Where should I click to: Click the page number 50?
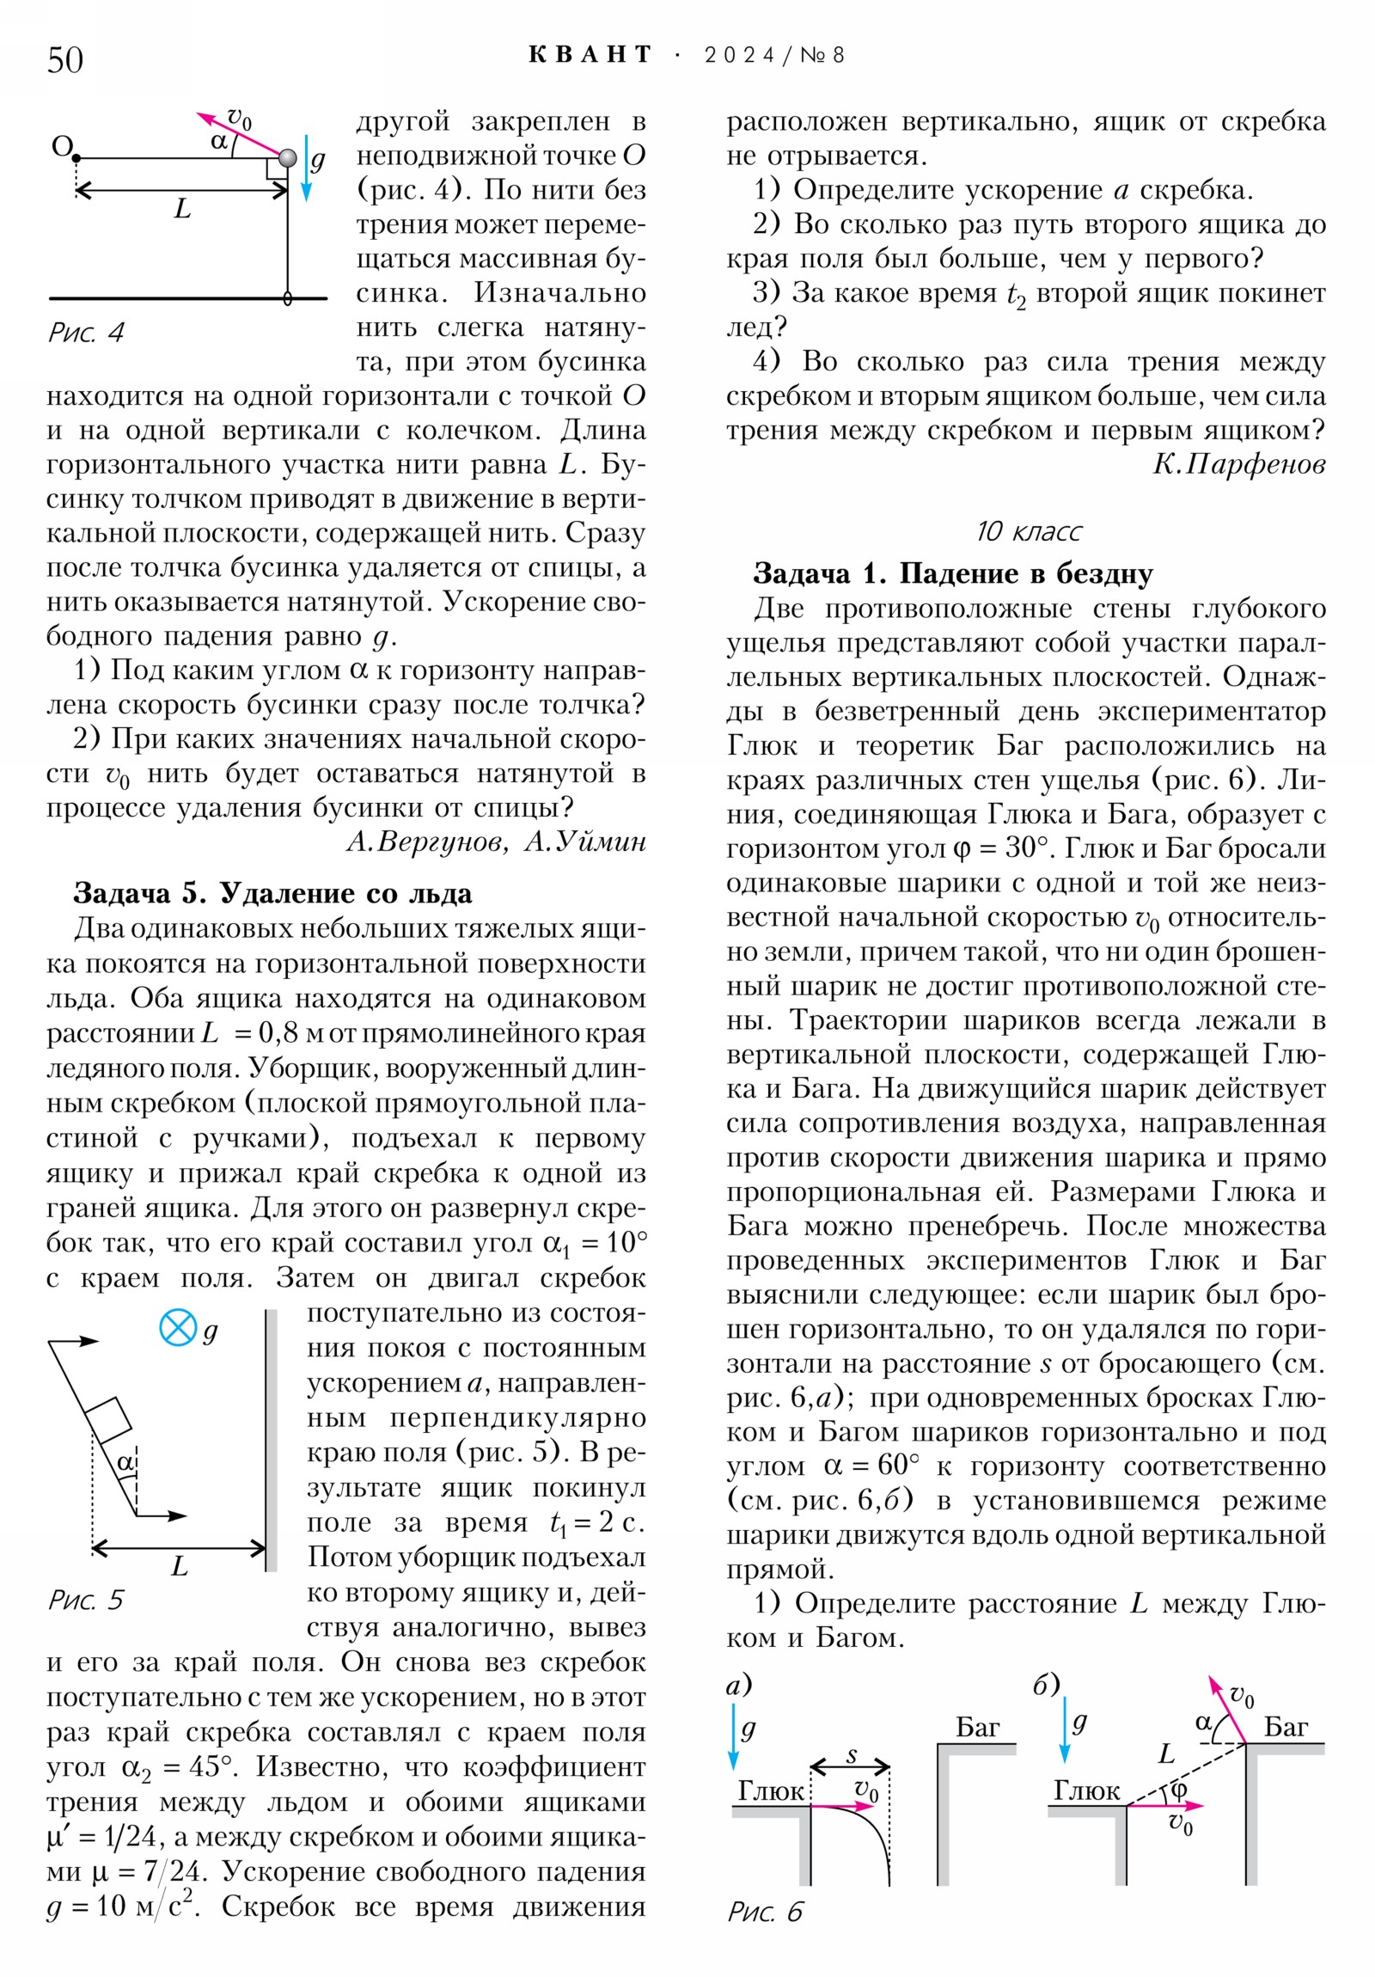pos(64,59)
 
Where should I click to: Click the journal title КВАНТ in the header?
pos(590,55)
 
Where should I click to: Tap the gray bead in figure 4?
pos(288,157)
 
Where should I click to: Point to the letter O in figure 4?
pos(62,146)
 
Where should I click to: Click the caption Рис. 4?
pos(86,333)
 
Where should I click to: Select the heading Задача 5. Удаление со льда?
pos(272,893)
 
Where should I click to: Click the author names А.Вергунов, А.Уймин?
pos(496,842)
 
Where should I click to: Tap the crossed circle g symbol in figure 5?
pos(178,1327)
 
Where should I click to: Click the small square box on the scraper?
pos(107,1420)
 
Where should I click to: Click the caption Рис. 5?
pos(86,1600)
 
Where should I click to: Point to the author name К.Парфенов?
pos(1238,464)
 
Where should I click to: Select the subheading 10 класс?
pos(1028,531)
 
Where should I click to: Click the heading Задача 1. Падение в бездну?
pos(952,573)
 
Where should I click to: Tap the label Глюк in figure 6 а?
pos(771,1791)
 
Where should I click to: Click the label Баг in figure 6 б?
pos(1286,1726)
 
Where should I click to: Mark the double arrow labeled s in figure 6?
pos(850,1767)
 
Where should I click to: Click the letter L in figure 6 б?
pos(1167,1754)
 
